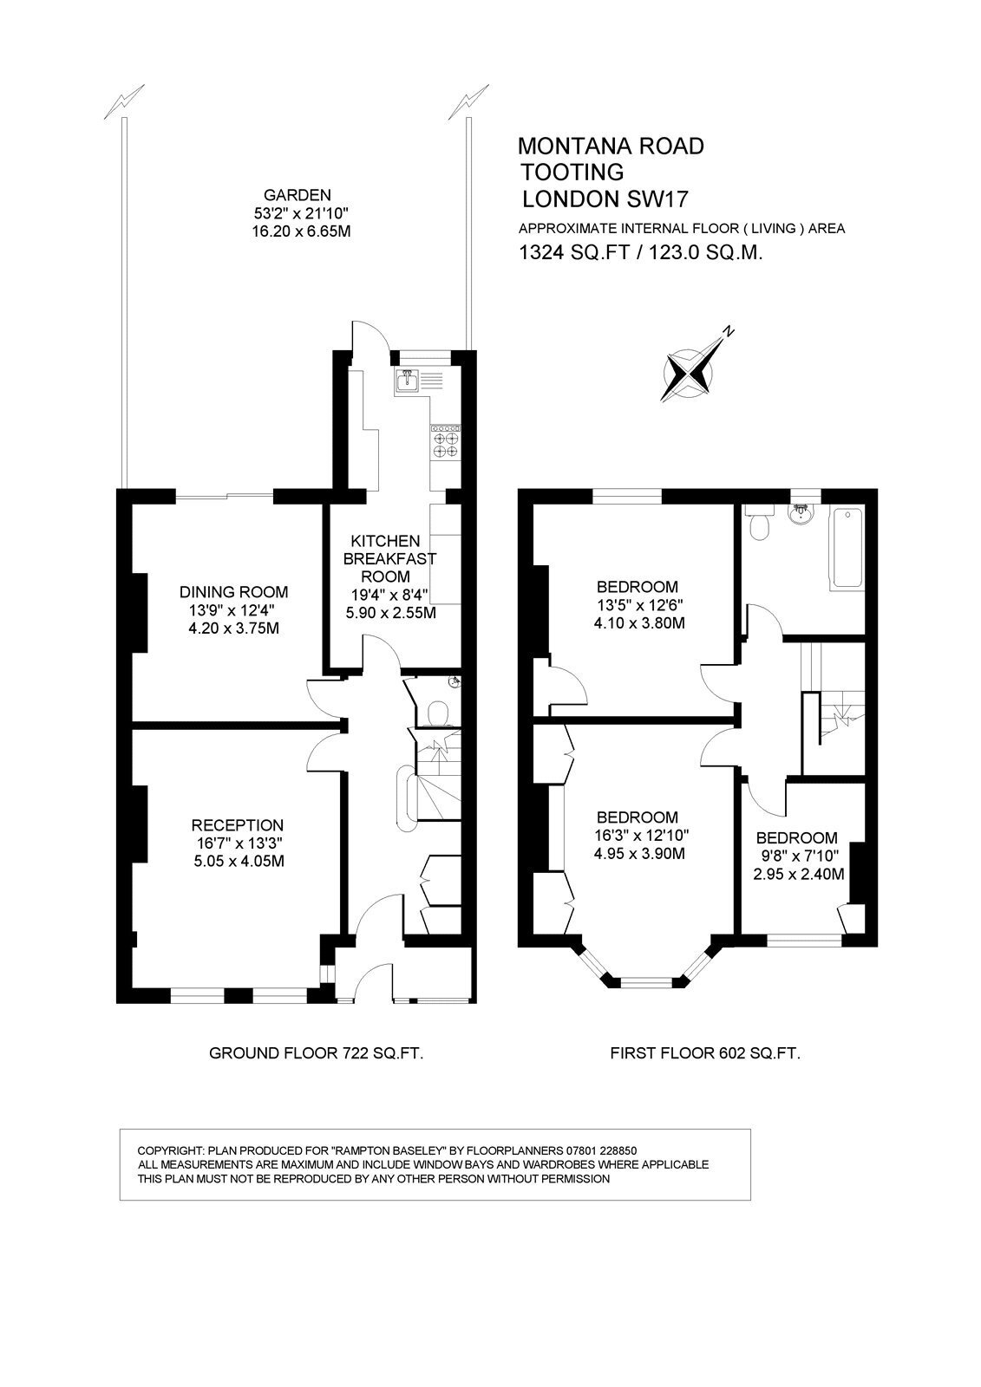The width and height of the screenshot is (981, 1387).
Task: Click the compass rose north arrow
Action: [689, 372]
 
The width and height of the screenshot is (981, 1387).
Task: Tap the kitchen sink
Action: [407, 381]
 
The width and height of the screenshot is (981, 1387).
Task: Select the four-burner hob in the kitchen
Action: [446, 442]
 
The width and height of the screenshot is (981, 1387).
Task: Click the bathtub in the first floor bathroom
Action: [847, 547]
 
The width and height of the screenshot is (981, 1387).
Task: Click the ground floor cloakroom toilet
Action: [440, 712]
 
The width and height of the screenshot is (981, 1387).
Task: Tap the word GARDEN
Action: [298, 196]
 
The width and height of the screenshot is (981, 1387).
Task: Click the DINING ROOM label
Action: [233, 592]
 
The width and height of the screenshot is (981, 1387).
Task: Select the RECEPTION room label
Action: [238, 825]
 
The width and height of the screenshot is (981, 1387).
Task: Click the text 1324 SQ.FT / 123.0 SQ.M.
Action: [640, 252]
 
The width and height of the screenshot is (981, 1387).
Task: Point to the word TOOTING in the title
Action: [572, 172]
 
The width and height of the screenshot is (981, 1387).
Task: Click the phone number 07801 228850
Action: [602, 1150]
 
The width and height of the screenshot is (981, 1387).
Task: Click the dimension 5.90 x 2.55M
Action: [391, 613]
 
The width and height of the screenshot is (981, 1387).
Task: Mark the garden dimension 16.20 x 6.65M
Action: [298, 231]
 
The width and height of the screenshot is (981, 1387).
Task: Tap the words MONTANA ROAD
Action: [611, 147]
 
